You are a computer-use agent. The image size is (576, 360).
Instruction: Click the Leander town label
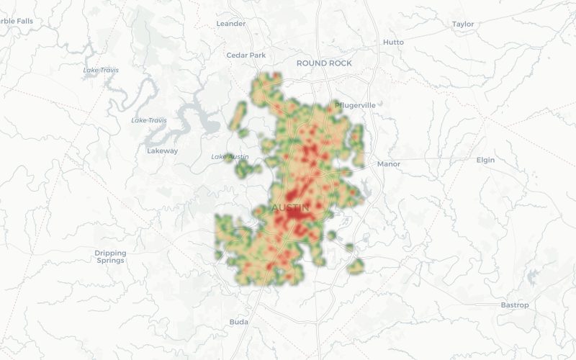[231, 24]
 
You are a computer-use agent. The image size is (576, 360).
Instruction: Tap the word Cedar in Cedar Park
[236, 55]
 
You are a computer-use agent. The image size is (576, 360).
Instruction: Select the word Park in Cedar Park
[256, 55]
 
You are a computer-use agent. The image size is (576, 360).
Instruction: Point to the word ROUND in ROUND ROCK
[310, 63]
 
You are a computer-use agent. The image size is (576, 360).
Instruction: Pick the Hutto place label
[393, 42]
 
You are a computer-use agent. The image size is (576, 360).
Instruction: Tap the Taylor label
[463, 24]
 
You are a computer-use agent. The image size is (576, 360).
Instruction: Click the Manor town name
[388, 164]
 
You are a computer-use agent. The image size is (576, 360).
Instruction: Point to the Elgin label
[485, 160]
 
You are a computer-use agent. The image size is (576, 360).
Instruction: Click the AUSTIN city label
[290, 208]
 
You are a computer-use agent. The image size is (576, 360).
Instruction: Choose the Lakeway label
[162, 151]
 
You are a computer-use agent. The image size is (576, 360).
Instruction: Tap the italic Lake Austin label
[230, 157]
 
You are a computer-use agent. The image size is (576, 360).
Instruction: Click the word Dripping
[110, 253]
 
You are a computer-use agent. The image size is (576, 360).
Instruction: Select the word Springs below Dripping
[110, 261]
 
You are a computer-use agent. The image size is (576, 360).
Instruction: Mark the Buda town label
[238, 322]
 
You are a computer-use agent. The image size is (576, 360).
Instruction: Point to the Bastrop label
[515, 305]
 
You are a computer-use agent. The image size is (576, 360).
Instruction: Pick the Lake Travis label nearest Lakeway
[149, 120]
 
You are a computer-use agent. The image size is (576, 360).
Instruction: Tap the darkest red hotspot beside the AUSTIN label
[296, 215]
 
